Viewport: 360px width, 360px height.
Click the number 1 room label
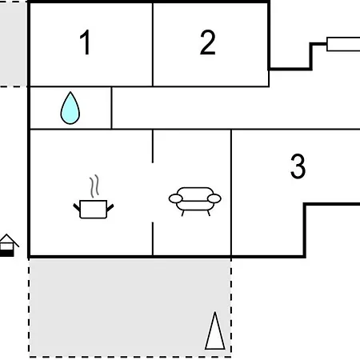86,42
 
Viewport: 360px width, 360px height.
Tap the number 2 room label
207,42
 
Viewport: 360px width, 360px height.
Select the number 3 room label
298,166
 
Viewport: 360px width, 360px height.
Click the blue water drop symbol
70,108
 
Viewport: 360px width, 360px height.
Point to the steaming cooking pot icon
94,198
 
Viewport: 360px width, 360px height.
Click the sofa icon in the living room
195,201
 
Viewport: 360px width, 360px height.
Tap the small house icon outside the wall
7,246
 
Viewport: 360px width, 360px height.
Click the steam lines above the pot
94,186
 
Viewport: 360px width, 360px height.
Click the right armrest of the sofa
214,198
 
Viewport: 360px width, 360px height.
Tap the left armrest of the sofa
176,198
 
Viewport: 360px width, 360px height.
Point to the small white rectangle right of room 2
343,44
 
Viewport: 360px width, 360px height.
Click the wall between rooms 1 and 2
153,45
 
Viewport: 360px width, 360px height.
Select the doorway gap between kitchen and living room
153,192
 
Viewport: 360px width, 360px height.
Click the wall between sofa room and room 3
231,192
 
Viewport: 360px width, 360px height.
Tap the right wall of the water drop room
111,108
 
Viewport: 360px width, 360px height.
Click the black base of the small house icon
6,254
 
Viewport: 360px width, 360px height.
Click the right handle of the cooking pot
110,207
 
